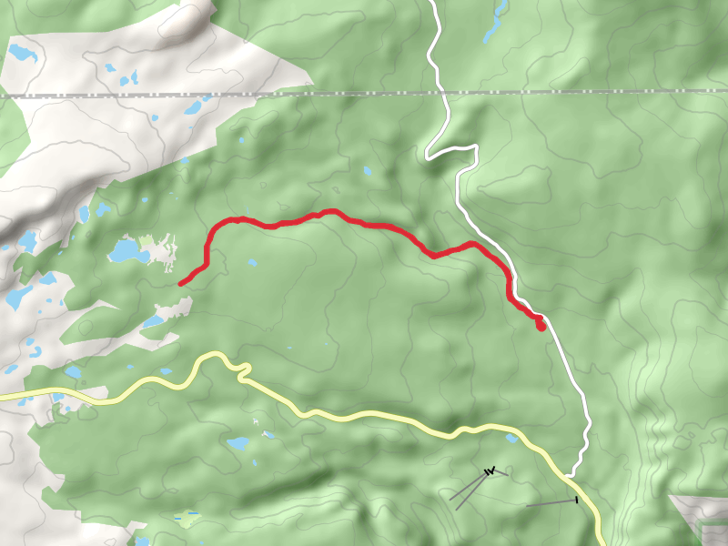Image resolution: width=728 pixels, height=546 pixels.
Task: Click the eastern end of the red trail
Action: pyautogui.click(x=541, y=327)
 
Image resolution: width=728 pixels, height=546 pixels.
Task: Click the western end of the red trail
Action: pyautogui.click(x=181, y=284)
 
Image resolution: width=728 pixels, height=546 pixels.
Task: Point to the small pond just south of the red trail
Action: pyautogui.click(x=252, y=263)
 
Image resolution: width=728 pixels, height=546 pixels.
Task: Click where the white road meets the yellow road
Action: pyautogui.click(x=570, y=474)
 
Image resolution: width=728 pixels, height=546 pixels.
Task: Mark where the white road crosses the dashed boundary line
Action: pyautogui.click(x=442, y=93)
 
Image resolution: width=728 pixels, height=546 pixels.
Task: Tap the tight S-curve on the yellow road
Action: pyautogui.click(x=241, y=369)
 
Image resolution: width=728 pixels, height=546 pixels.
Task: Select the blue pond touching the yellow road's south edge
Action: pyautogui.click(x=512, y=439)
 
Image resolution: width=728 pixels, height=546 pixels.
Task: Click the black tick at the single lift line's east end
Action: pyautogui.click(x=577, y=500)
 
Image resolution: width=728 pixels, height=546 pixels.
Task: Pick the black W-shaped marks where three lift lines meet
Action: pyautogui.click(x=490, y=470)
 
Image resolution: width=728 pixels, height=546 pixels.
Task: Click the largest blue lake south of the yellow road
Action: pyautogui.click(x=239, y=444)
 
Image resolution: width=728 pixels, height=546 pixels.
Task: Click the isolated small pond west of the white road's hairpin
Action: pyautogui.click(x=368, y=170)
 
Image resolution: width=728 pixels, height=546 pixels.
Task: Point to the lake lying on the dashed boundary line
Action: pyautogui.click(x=193, y=107)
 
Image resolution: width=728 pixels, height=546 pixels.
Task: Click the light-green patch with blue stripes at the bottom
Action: pyautogui.click(x=187, y=520)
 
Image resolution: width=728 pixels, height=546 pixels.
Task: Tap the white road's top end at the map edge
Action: pyautogui.click(x=431, y=2)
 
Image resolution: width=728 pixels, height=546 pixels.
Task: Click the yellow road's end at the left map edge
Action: pyautogui.click(x=2, y=397)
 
